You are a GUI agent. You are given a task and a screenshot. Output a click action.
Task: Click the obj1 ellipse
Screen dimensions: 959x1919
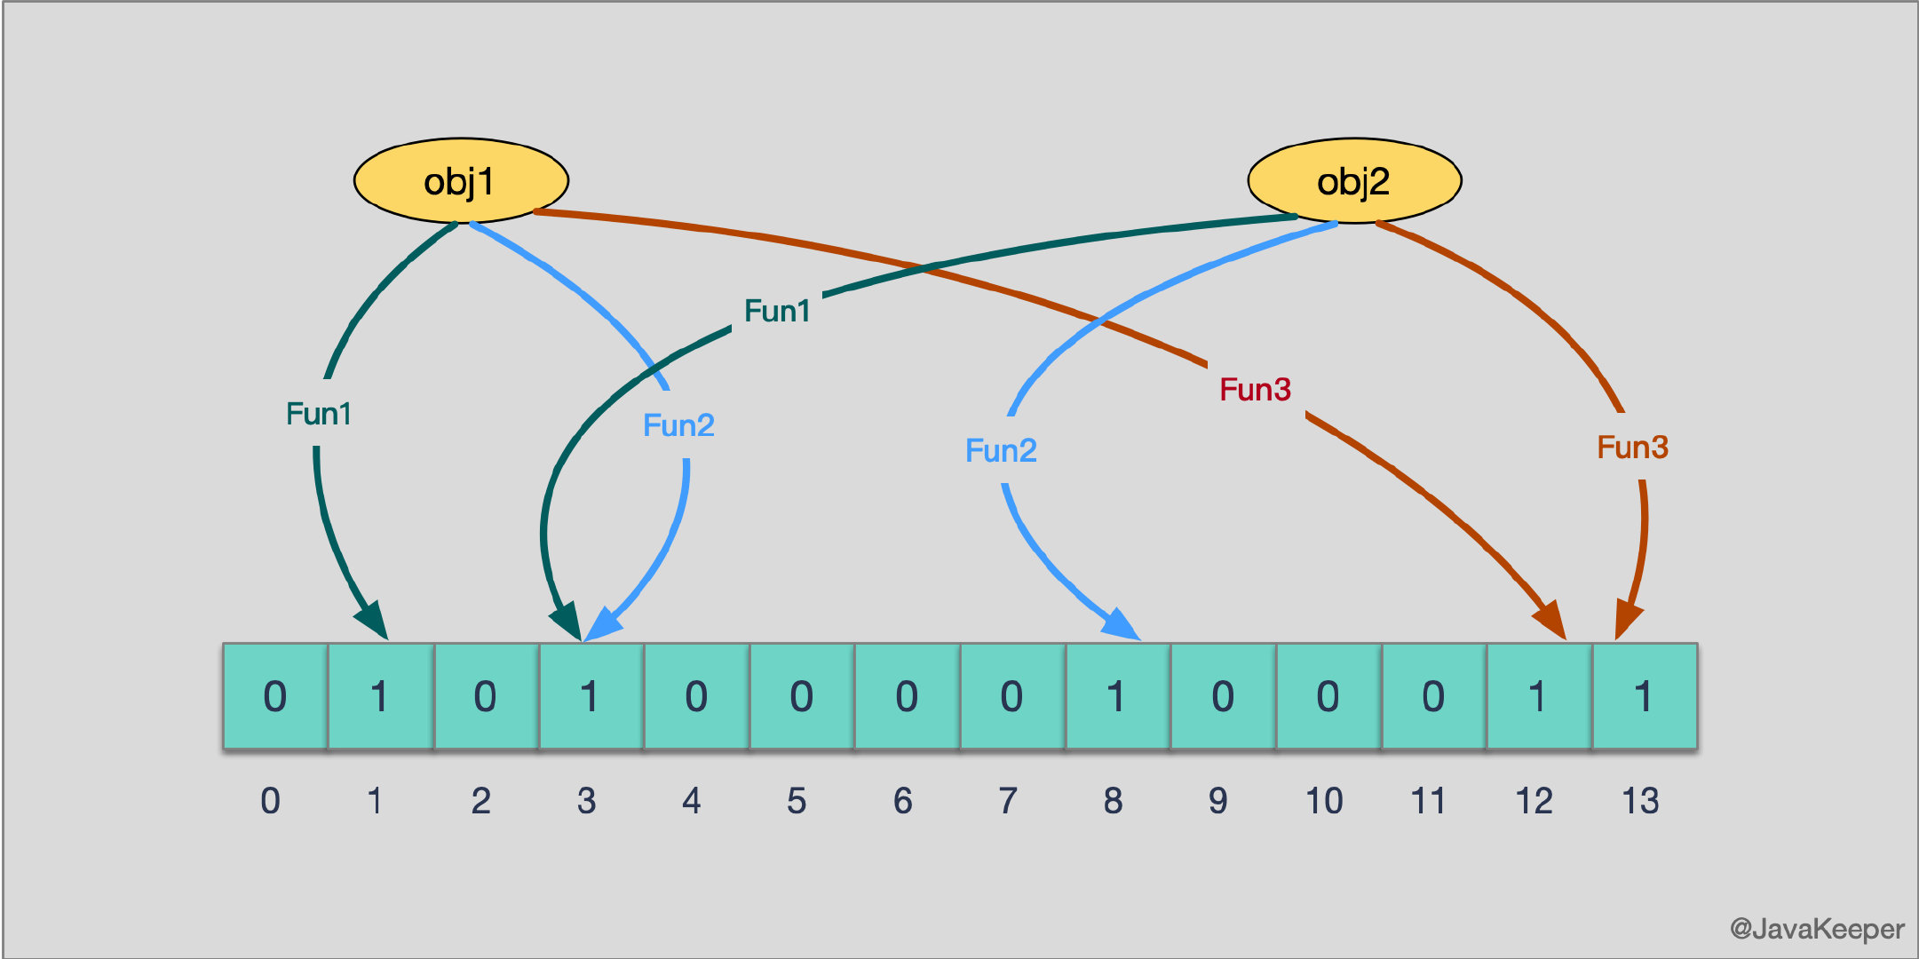click(461, 180)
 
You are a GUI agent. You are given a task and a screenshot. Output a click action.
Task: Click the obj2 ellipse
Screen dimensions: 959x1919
click(1354, 180)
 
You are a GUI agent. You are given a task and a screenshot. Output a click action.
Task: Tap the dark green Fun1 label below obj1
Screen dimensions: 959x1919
click(319, 414)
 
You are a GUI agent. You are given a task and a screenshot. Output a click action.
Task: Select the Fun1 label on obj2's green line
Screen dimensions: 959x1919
click(777, 311)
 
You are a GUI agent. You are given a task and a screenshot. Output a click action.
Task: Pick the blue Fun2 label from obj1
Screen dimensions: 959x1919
click(678, 425)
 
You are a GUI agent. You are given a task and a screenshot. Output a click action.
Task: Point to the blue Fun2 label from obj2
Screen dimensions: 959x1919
click(1001, 450)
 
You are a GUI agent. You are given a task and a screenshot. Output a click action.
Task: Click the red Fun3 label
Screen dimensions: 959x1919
click(1255, 389)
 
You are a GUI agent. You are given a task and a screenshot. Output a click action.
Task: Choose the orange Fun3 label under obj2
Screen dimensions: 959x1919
click(1632, 447)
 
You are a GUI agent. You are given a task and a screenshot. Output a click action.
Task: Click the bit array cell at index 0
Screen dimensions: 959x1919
click(275, 696)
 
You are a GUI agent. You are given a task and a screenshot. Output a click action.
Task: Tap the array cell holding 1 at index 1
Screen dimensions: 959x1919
click(380, 696)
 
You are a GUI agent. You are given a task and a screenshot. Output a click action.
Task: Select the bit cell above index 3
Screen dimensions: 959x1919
click(591, 696)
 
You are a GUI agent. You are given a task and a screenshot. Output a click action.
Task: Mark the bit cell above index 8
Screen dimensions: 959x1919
click(1117, 696)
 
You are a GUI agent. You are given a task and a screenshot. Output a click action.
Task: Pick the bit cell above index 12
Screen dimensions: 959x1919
click(1538, 696)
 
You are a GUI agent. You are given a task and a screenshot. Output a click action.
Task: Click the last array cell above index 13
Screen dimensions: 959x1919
click(1644, 696)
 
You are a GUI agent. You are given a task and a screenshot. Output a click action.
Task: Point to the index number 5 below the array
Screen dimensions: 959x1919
click(797, 801)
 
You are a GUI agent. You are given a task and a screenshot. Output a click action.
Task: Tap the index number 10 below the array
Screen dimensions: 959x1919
click(1323, 801)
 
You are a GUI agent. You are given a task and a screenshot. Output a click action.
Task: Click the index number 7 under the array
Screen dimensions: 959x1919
click(1008, 801)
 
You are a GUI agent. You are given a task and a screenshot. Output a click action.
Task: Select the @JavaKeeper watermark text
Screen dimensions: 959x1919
click(1816, 929)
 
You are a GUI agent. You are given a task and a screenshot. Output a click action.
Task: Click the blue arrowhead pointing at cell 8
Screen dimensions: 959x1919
click(1121, 624)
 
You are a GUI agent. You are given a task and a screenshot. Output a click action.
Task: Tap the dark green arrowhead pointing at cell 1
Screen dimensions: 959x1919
click(373, 619)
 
